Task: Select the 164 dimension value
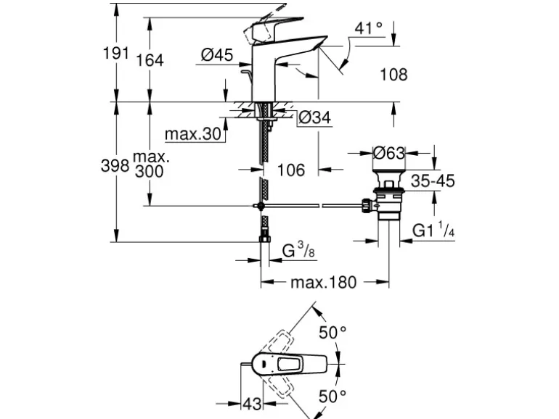[x=150, y=60]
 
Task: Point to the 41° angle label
[x=369, y=29]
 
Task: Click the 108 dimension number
[x=393, y=74]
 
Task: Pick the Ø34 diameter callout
[x=314, y=117]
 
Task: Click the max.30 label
[x=192, y=134]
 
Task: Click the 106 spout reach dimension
[x=290, y=170]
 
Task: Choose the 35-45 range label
[x=433, y=181]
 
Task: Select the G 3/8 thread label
[x=298, y=251]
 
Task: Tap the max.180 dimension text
[x=324, y=282]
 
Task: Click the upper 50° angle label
[x=333, y=333]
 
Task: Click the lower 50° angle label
[x=333, y=396]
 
